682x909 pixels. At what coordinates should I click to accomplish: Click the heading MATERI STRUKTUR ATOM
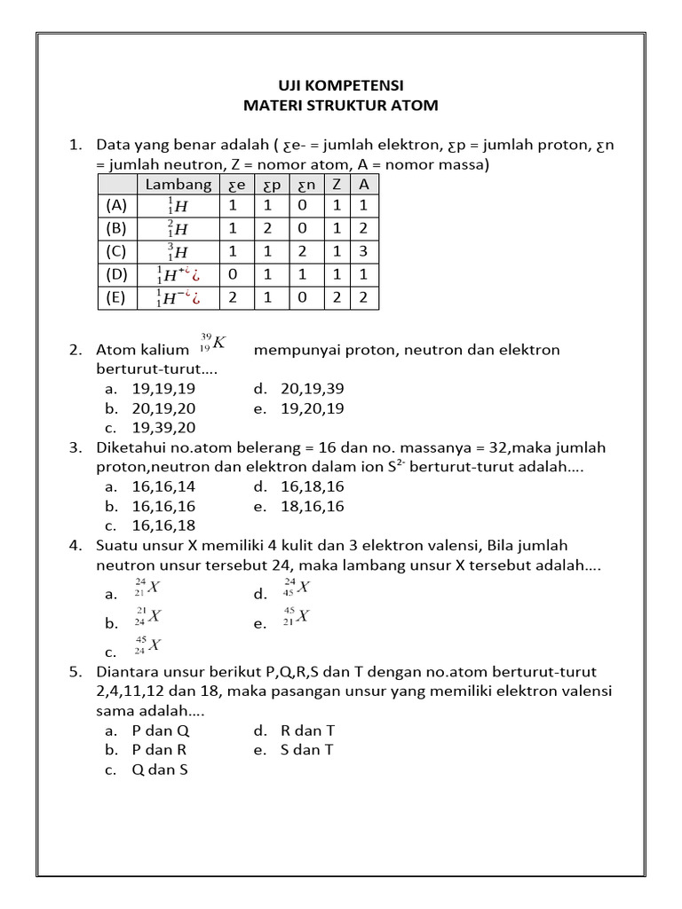coord(341,106)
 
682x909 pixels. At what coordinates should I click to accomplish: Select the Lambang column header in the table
coord(178,185)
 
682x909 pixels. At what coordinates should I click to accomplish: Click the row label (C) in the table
coord(116,251)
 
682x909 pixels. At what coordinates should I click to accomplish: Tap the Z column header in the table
coord(337,185)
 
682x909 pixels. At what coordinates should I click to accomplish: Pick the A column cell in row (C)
coord(363,251)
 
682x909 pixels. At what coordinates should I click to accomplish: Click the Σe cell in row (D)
coord(234,274)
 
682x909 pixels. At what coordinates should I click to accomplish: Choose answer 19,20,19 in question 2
coord(312,408)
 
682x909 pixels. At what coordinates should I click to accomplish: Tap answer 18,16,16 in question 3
coord(312,506)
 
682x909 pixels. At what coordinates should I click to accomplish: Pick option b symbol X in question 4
coord(147,617)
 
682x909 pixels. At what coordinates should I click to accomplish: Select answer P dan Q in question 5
coord(161,731)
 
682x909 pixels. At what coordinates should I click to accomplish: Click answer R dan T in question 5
coord(307,731)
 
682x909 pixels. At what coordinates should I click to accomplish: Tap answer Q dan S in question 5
coord(160,770)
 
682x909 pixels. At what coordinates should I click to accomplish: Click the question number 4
coord(75,545)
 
